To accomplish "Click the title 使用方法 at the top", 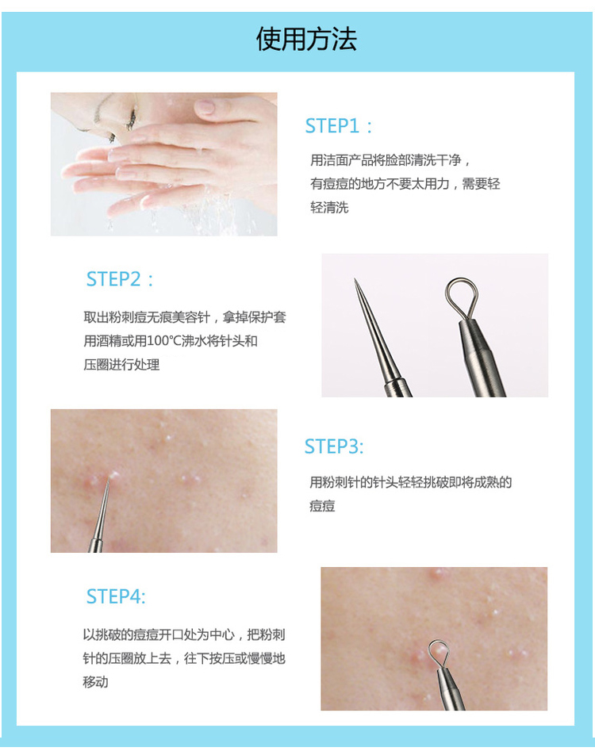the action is coord(306,39).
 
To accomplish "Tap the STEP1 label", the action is coord(339,126).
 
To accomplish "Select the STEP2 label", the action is coord(120,279).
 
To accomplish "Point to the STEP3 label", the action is coord(334,446).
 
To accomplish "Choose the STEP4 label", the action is coord(116,596).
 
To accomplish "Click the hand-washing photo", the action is coord(163,164).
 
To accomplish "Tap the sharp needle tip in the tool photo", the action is coord(355,280).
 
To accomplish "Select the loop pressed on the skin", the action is coord(438,653).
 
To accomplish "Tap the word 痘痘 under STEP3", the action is coord(322,506).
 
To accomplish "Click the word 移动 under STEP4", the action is coord(95,682).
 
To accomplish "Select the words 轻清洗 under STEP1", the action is coord(329,208).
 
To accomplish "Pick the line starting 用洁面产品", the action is coord(390,160).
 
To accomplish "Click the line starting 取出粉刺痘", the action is coord(185,317).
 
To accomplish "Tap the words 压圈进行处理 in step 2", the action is coord(121,365).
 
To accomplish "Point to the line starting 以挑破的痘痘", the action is coord(184,634).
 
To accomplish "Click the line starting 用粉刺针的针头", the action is coord(410,482).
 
